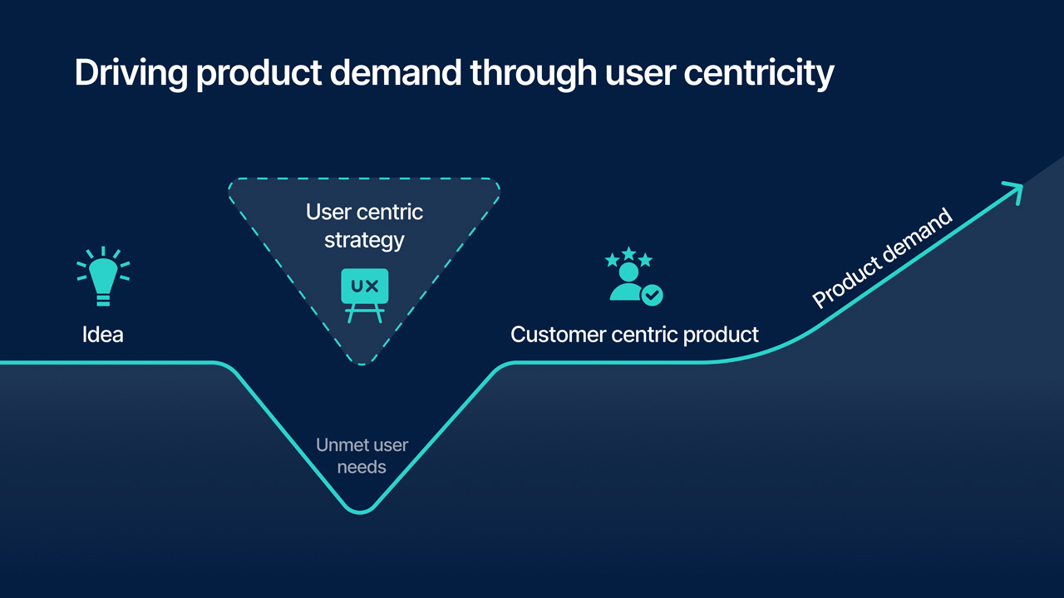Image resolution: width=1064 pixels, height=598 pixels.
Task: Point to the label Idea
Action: pos(103,335)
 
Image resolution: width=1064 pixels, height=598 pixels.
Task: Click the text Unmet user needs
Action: pos(362,456)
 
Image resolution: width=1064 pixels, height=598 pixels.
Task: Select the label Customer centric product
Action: pos(634,335)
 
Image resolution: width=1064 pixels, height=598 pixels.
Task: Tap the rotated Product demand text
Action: pos(882,258)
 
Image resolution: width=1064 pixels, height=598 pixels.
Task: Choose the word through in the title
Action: pos(532,73)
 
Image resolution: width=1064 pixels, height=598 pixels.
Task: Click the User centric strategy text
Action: pos(364,226)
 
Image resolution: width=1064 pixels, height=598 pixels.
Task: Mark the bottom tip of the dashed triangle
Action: pos(362,363)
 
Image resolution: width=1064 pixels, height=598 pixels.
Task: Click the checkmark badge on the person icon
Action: pos(653,294)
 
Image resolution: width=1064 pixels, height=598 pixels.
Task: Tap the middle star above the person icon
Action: pos(629,252)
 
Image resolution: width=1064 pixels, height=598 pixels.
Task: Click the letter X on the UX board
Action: pos(372,287)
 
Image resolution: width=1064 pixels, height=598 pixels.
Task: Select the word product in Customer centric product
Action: pos(721,335)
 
